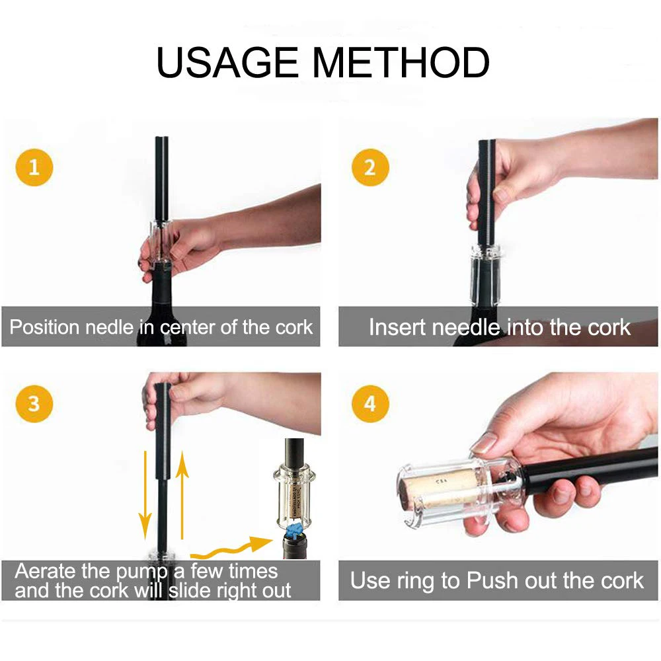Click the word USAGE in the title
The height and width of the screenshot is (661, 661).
tap(227, 62)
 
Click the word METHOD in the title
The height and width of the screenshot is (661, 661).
tap(401, 62)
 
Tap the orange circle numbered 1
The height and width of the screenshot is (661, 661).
tap(34, 167)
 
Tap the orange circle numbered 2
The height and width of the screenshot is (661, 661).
tap(369, 167)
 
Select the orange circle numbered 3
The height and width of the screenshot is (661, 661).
tap(34, 404)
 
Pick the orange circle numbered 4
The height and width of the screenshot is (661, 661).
tap(369, 404)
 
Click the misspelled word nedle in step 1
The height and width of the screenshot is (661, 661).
tap(109, 327)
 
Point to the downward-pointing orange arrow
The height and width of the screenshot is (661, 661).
tap(145, 495)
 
